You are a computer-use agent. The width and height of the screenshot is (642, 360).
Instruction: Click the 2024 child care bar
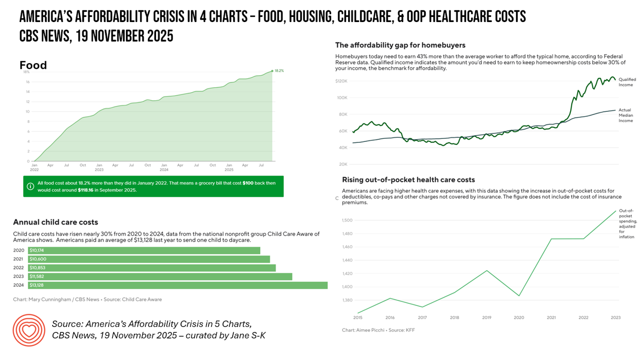point(178,285)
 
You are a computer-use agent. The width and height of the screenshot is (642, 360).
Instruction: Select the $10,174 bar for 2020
point(144,250)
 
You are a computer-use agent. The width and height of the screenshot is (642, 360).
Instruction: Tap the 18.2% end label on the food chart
point(279,71)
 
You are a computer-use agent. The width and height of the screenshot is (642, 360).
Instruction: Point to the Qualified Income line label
point(627,82)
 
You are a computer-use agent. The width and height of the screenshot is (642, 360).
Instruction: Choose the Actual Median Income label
point(625,115)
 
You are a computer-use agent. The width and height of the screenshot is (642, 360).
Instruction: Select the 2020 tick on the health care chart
point(519,318)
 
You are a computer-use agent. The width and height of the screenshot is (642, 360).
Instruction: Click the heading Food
point(33,65)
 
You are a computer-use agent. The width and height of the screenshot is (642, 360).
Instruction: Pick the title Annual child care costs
point(56,222)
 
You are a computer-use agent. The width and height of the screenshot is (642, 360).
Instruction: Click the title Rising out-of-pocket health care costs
point(408,179)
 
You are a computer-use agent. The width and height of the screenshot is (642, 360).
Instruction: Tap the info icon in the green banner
point(30,187)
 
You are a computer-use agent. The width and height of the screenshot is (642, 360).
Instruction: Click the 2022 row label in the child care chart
point(19,268)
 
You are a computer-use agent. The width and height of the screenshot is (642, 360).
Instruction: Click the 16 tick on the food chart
point(27,82)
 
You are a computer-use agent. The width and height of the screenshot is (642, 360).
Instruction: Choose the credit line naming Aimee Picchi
point(378,330)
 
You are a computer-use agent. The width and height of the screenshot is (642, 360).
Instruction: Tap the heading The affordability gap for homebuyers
point(400,45)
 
